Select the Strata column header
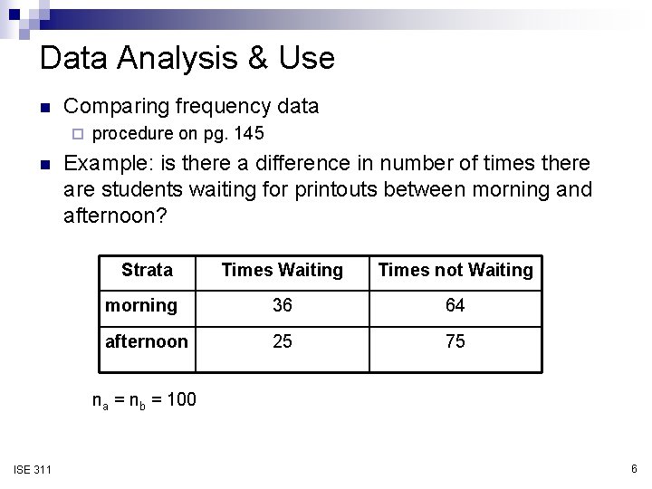pyautogui.click(x=147, y=270)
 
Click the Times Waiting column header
pyautogui.click(x=283, y=270)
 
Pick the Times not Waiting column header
pyautogui.click(x=455, y=270)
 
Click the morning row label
pyautogui.click(x=141, y=305)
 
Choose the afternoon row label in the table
pyautogui.click(x=147, y=341)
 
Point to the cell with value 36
pyautogui.click(x=283, y=306)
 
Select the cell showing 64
pyautogui.click(x=455, y=306)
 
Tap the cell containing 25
pyautogui.click(x=283, y=341)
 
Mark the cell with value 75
pyautogui.click(x=455, y=341)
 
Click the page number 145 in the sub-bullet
pyautogui.click(x=248, y=134)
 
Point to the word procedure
pyautogui.click(x=133, y=134)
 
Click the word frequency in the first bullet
pyautogui.click(x=224, y=107)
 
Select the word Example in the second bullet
pyautogui.click(x=102, y=164)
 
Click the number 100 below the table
pyautogui.click(x=181, y=398)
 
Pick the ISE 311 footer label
pyautogui.click(x=33, y=468)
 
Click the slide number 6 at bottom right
pyautogui.click(x=634, y=468)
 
